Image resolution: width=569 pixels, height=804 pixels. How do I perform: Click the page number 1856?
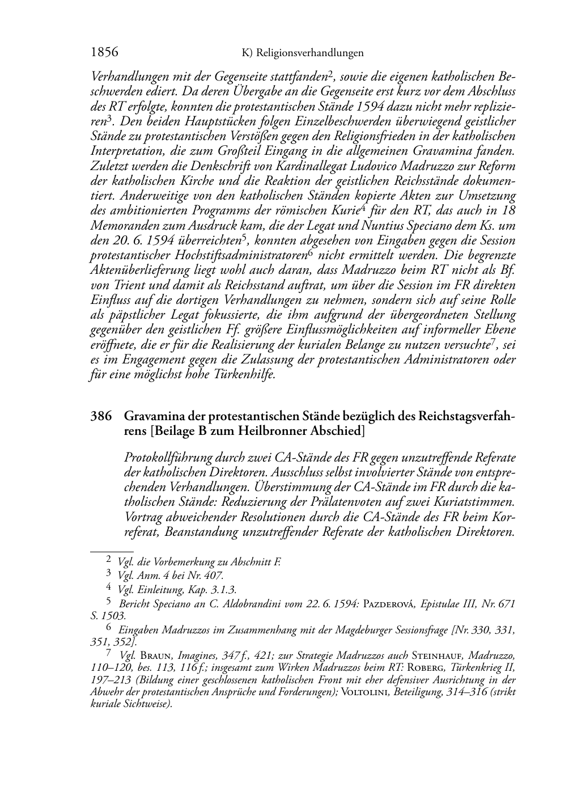[x=104, y=53]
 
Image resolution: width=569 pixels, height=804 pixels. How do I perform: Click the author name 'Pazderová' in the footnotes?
[x=385, y=604]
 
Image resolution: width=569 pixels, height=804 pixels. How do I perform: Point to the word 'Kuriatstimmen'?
[x=475, y=502]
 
